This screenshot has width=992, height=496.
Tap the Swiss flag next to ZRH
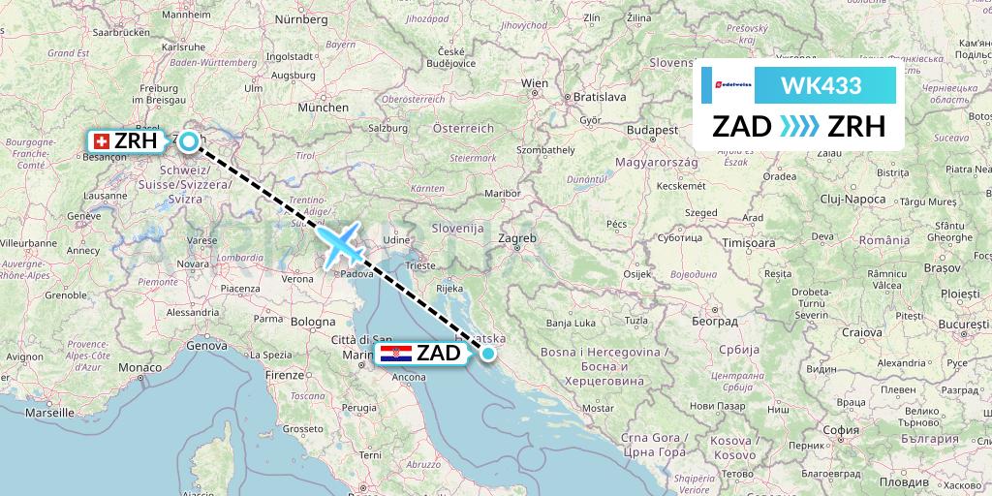101,141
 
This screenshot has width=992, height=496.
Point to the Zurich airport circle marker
188,141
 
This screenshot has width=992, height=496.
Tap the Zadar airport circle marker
488,354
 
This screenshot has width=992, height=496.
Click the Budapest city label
652,129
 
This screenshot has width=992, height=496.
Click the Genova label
206,345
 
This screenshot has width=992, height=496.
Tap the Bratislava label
601,97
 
